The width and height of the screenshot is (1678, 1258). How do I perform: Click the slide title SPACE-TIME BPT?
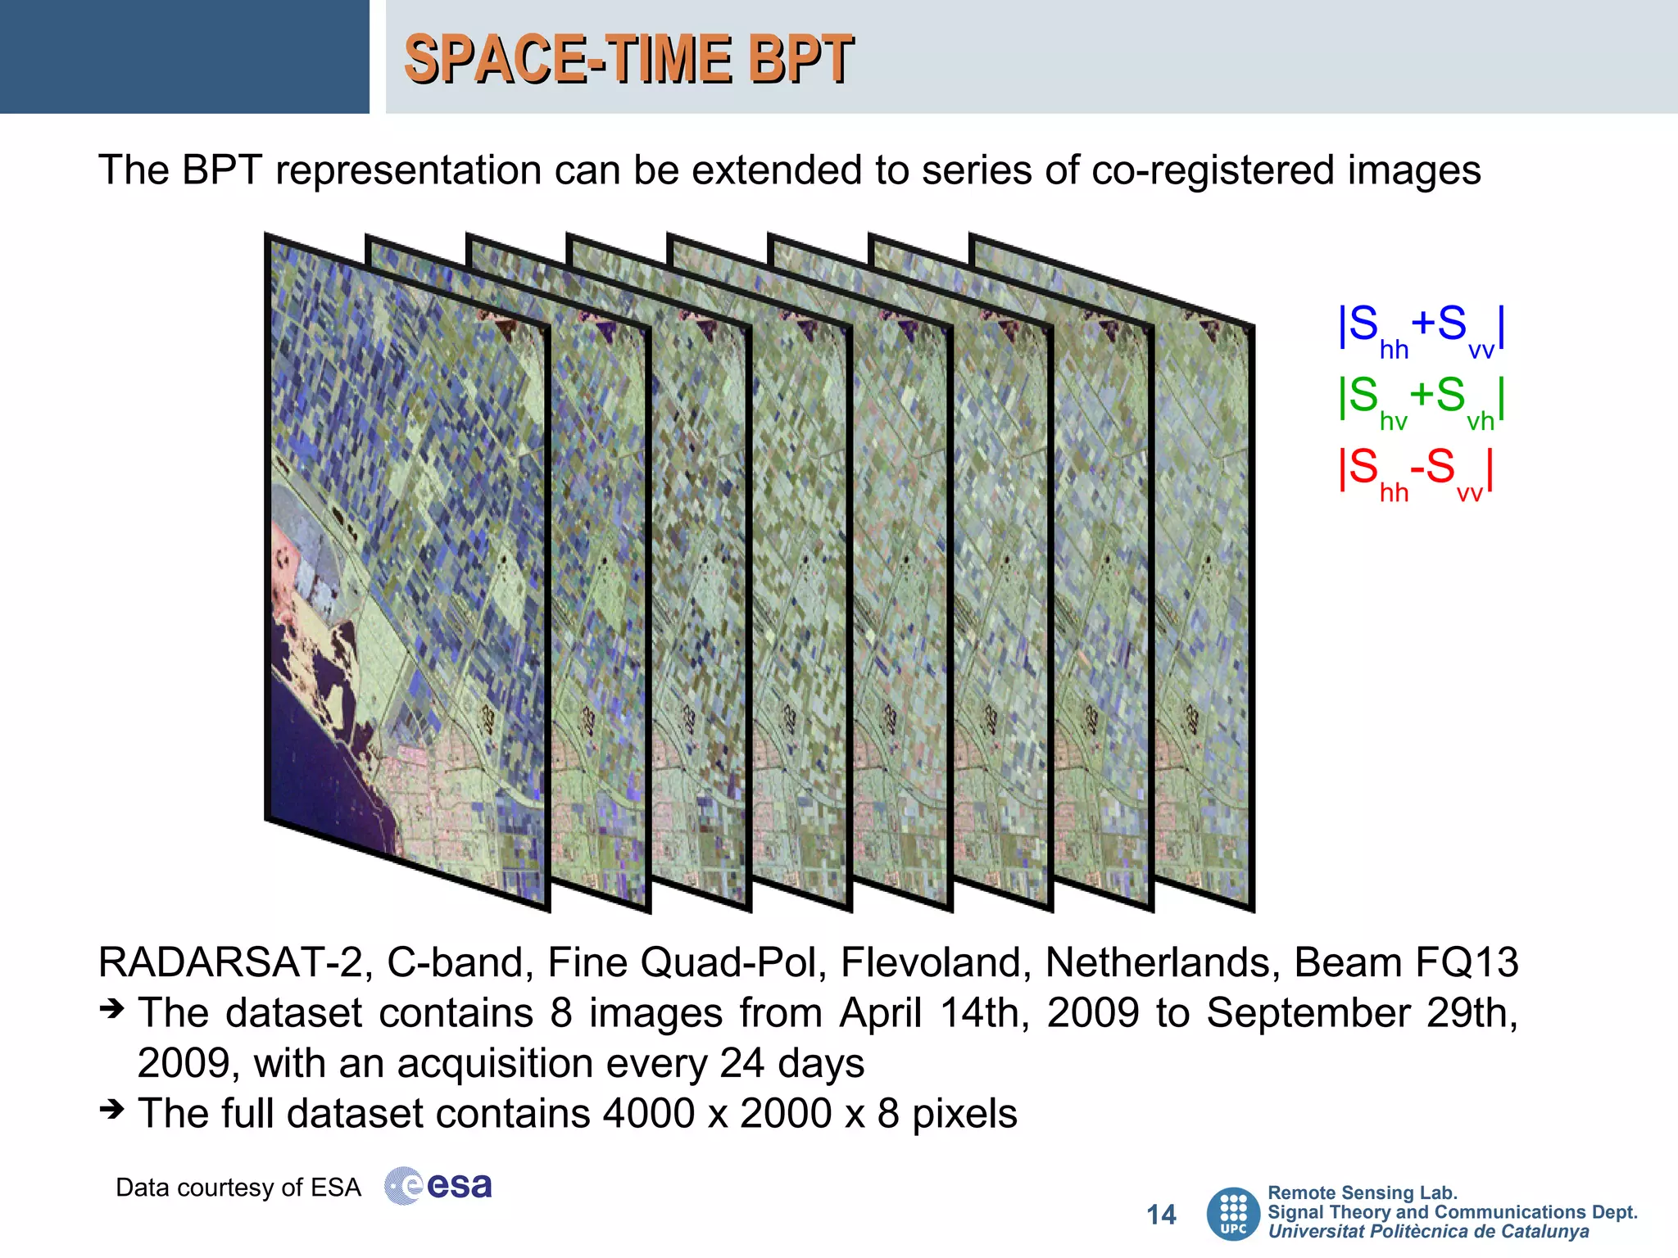628,59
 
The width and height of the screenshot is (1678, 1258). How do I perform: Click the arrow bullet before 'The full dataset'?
111,1110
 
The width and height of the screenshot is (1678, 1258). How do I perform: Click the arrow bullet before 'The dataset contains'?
111,1009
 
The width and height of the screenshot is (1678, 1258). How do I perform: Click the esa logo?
439,1186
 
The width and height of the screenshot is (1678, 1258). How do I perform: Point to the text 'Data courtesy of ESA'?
238,1188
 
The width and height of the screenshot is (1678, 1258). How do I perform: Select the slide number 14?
1161,1215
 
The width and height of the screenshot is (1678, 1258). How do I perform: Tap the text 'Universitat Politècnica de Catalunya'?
1428,1232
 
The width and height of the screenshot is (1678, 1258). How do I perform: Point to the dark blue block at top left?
184,57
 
